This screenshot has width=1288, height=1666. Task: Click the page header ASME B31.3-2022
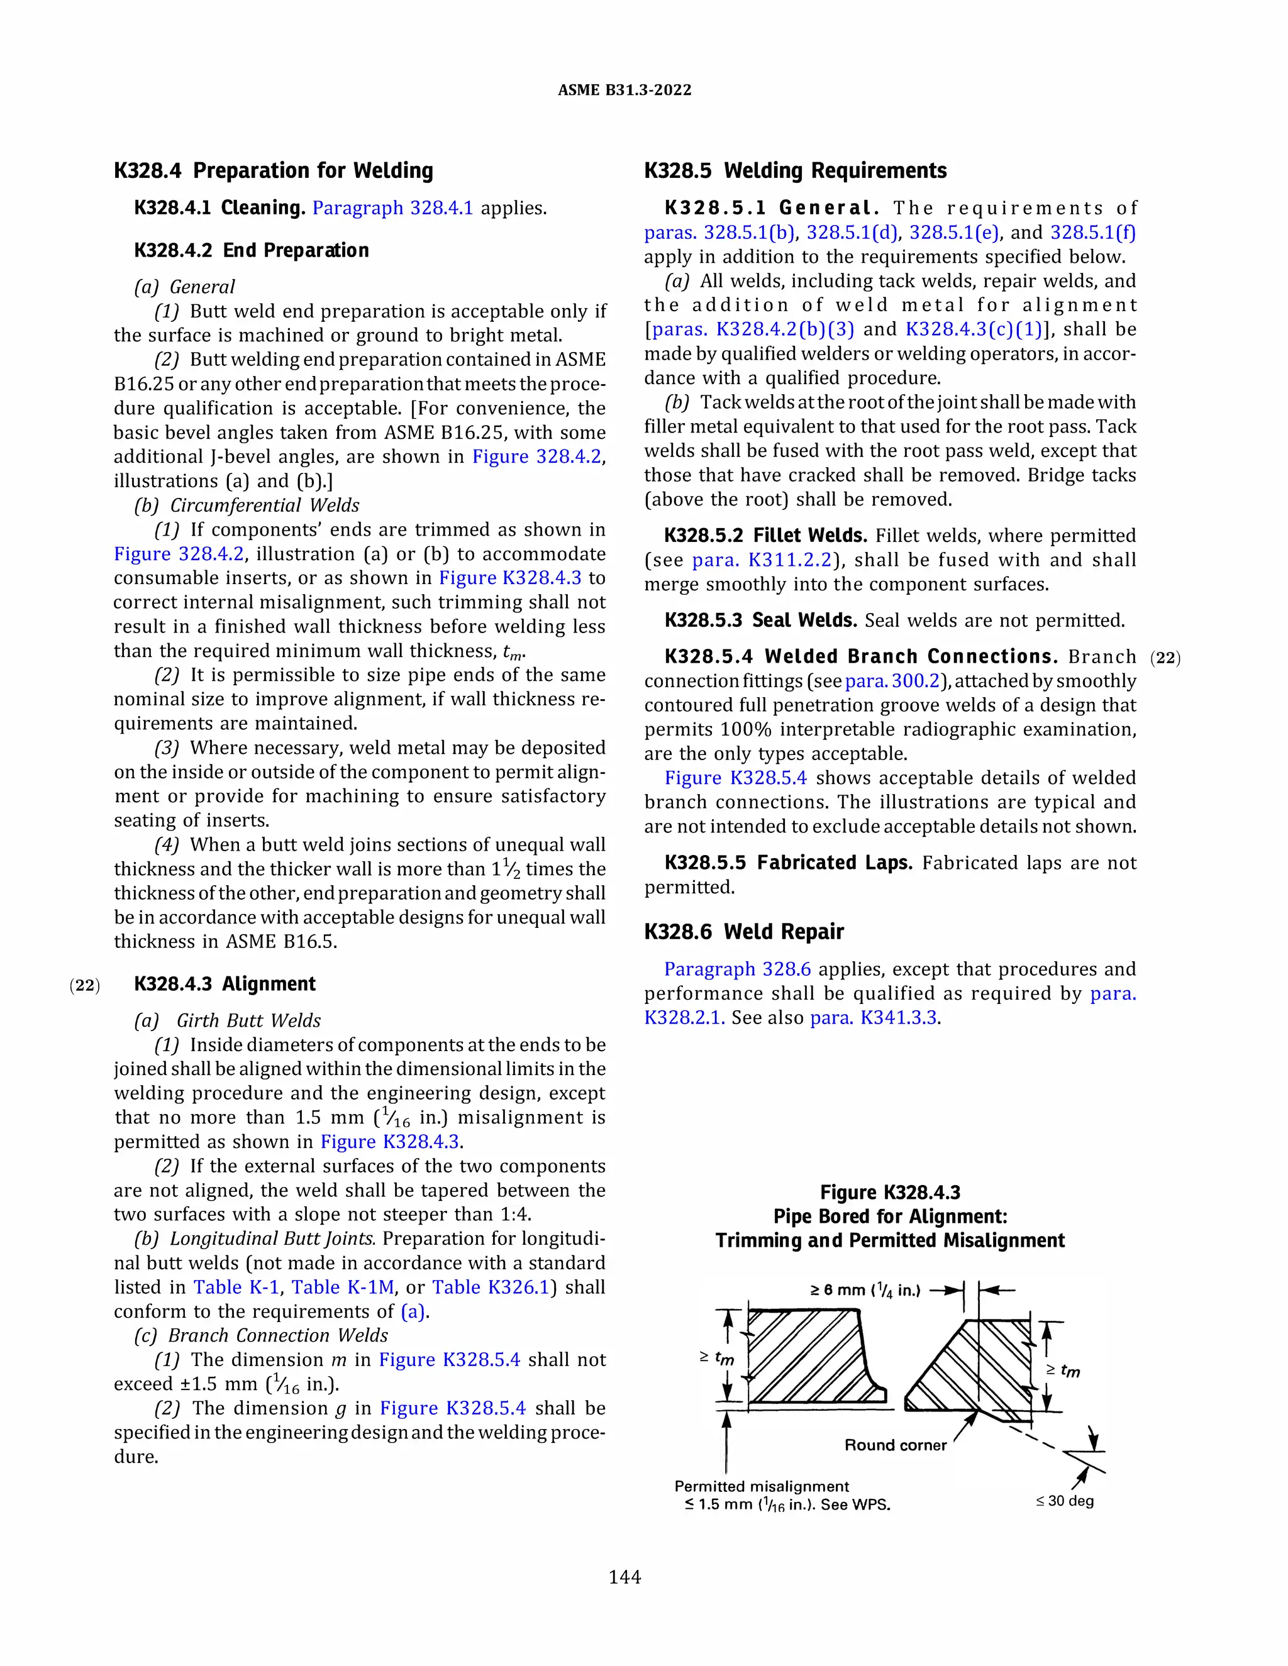624,90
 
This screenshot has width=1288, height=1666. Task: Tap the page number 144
624,1577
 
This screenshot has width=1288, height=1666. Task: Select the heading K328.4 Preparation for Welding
273,170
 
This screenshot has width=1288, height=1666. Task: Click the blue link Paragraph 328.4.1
392,208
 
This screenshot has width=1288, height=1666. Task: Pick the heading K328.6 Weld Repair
743,932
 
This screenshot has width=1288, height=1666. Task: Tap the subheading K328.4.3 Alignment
225,984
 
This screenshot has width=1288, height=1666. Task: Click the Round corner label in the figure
894,1445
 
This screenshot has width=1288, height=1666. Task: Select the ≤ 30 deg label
1065,1501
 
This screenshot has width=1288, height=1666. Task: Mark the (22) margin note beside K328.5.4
1165,658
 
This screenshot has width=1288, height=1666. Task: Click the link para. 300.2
891,681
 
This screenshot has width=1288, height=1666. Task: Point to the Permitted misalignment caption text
761,1486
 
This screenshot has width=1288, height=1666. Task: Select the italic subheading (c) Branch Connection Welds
262,1336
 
